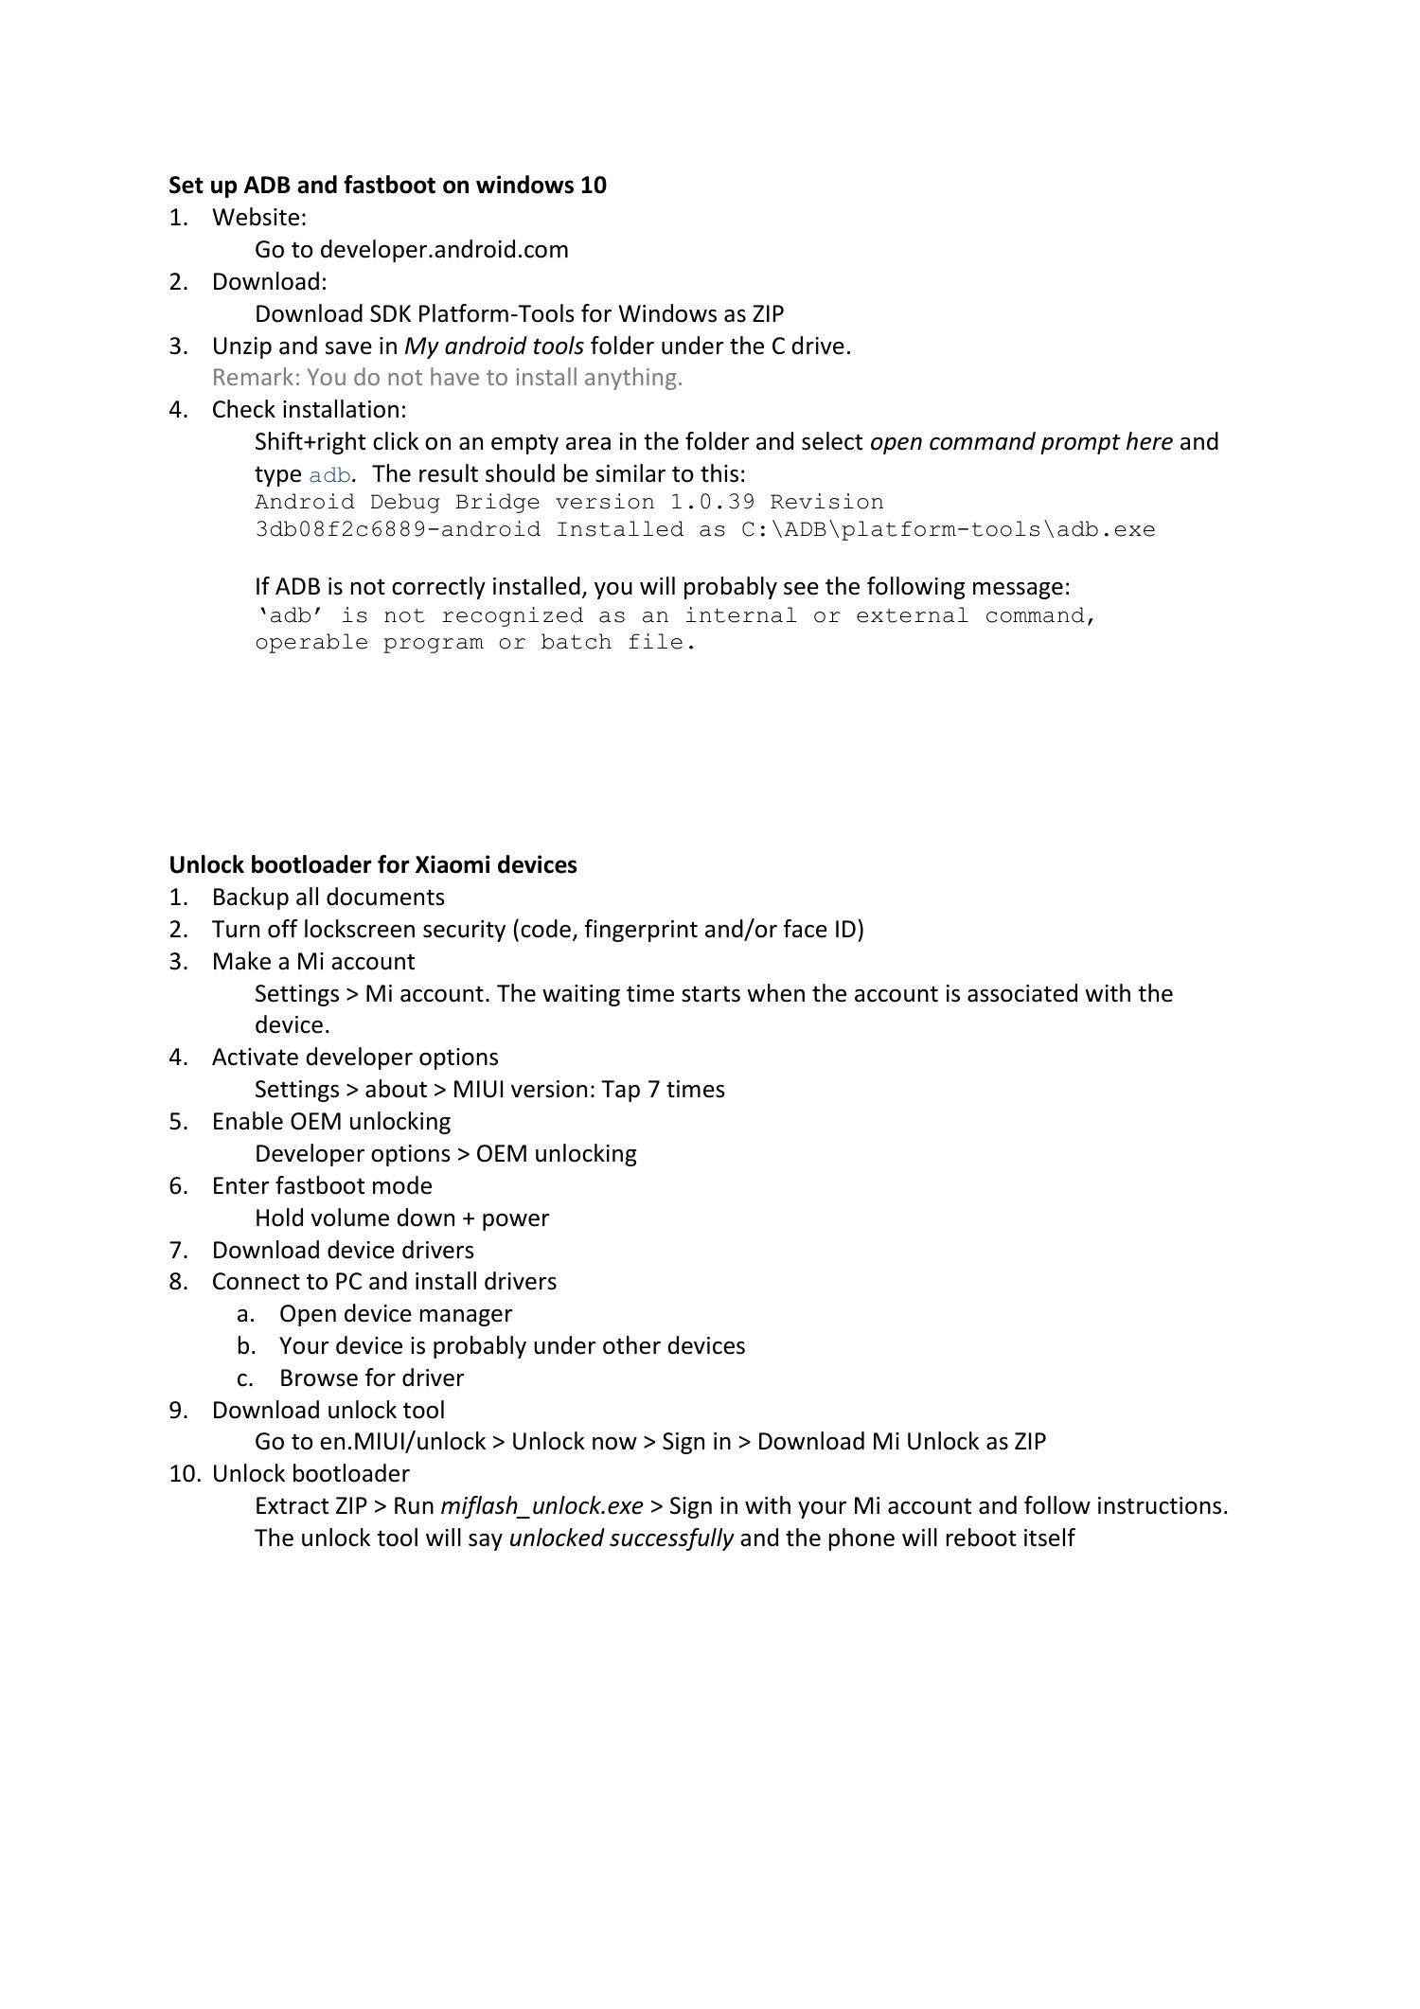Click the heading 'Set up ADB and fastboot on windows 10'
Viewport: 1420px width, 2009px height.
[387, 185]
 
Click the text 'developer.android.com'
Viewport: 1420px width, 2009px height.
[444, 250]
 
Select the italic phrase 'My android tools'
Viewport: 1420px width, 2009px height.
[493, 347]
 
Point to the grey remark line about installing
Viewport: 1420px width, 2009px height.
[447, 378]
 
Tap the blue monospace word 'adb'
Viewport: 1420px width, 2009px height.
[329, 475]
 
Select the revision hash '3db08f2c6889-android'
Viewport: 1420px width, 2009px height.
[398, 530]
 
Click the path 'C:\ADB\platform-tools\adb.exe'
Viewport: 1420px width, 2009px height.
[948, 530]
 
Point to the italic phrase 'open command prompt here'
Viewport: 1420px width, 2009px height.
[1021, 442]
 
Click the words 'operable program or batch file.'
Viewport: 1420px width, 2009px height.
[475, 643]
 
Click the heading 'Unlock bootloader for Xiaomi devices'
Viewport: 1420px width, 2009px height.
[372, 865]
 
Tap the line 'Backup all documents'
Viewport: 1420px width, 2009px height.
[328, 898]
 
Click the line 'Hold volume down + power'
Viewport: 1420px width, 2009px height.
[401, 1218]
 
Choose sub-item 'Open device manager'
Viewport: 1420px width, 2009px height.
[395, 1314]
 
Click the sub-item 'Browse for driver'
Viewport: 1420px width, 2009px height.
[371, 1378]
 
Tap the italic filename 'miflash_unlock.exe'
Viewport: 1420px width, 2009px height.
[541, 1506]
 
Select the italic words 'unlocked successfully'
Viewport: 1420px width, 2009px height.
[620, 1538]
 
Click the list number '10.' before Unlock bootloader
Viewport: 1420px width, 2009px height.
[184, 1474]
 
